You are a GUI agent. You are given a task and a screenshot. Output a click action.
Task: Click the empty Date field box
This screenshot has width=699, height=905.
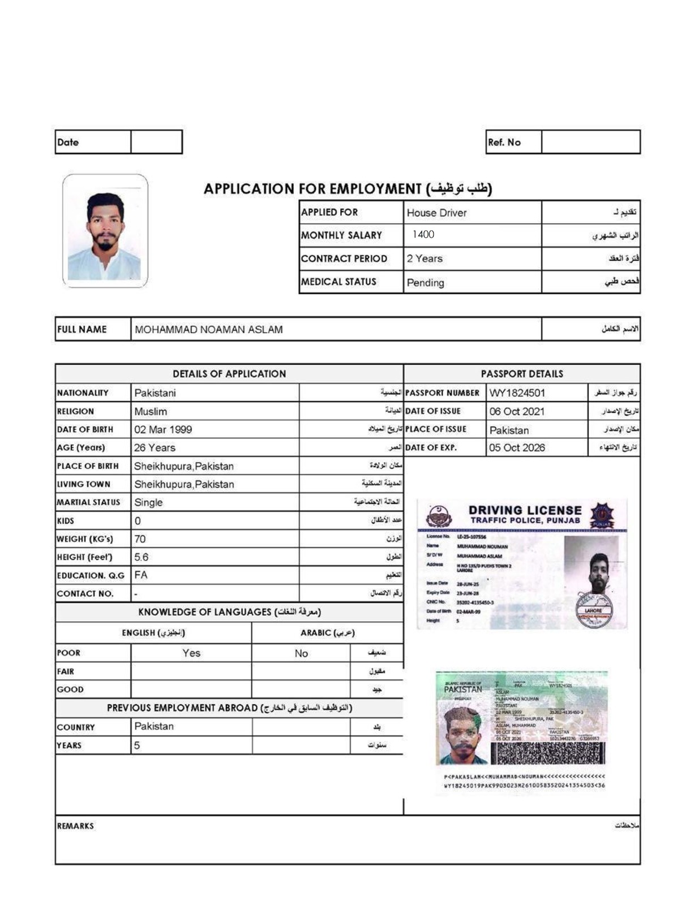156,142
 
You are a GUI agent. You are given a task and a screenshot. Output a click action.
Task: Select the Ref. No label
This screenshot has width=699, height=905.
504,143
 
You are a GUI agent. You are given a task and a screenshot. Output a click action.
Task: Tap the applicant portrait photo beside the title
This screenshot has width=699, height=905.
105,231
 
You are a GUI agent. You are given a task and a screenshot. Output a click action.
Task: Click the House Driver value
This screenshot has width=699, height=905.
436,213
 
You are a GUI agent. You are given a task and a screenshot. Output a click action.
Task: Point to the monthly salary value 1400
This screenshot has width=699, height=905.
423,234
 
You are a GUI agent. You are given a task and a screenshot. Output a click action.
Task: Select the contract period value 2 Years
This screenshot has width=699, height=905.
424,258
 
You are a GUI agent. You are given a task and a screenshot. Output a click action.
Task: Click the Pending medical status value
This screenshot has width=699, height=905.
425,282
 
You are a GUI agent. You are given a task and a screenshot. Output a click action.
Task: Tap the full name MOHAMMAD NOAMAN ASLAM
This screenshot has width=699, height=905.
209,329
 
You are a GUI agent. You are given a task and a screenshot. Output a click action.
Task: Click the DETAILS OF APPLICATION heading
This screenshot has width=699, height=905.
229,374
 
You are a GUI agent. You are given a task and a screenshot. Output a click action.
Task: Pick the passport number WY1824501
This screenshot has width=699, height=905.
517,393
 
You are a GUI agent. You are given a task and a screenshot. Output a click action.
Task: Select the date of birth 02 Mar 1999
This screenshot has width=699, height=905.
163,429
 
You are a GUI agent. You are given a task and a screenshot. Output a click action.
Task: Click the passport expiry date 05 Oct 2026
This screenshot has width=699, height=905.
517,447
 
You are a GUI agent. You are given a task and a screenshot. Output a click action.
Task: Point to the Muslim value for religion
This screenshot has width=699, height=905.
151,411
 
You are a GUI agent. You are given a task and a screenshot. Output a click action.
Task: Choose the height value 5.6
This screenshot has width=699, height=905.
141,557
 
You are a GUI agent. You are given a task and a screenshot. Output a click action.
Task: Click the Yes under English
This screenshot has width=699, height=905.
191,653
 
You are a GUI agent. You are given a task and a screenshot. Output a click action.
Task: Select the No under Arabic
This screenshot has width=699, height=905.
301,653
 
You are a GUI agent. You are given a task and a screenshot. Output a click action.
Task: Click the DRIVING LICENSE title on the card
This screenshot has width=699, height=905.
525,510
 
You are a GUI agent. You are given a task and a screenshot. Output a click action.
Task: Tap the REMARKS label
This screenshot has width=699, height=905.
75,826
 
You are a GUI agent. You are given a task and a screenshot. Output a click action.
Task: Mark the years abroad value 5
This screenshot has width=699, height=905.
137,745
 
